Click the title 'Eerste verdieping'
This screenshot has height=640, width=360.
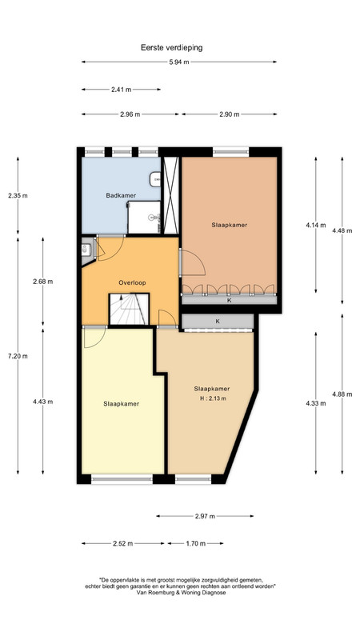pyautogui.click(x=171, y=48)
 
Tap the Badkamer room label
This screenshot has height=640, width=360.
pyautogui.click(x=121, y=195)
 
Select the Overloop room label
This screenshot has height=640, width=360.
pyautogui.click(x=132, y=282)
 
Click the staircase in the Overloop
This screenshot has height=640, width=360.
pyautogui.click(x=129, y=310)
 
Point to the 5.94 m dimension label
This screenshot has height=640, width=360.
pyautogui.click(x=178, y=62)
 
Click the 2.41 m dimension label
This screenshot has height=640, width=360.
pyautogui.click(x=122, y=90)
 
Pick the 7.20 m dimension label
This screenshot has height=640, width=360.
pyautogui.click(x=18, y=356)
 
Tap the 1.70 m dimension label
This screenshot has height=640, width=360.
pyautogui.click(x=196, y=543)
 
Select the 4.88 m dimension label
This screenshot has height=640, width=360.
pyautogui.click(x=342, y=394)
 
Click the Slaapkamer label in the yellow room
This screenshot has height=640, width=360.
pyautogui.click(x=121, y=404)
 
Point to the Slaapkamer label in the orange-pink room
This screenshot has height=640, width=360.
pyautogui.click(x=230, y=225)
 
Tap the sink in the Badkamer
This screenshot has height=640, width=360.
pyautogui.click(x=155, y=179)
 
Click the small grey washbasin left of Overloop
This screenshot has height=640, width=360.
pyautogui.click(x=86, y=250)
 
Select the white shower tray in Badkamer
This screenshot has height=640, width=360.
pyautogui.click(x=144, y=217)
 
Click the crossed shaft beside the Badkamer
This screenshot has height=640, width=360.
pyautogui.click(x=170, y=195)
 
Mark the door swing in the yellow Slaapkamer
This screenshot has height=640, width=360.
pyautogui.click(x=94, y=338)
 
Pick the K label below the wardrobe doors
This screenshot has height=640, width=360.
pyautogui.click(x=230, y=301)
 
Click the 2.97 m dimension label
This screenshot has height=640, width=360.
pyautogui.click(x=205, y=516)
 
